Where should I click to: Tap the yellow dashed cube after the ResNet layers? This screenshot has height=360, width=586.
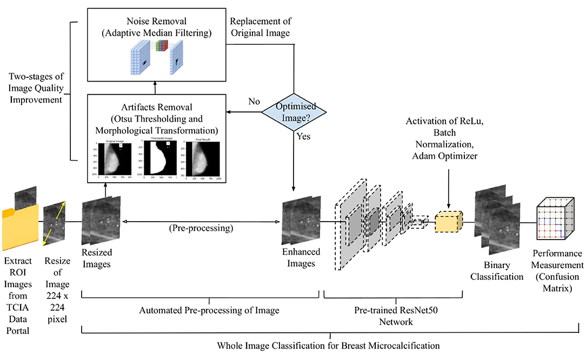[448, 222]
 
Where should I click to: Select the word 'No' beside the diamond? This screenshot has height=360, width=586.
[253, 101]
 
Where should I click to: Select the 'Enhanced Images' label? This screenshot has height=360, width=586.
[301, 257]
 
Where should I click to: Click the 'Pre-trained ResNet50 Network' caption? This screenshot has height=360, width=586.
[392, 316]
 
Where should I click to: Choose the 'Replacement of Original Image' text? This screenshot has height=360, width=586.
[260, 27]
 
